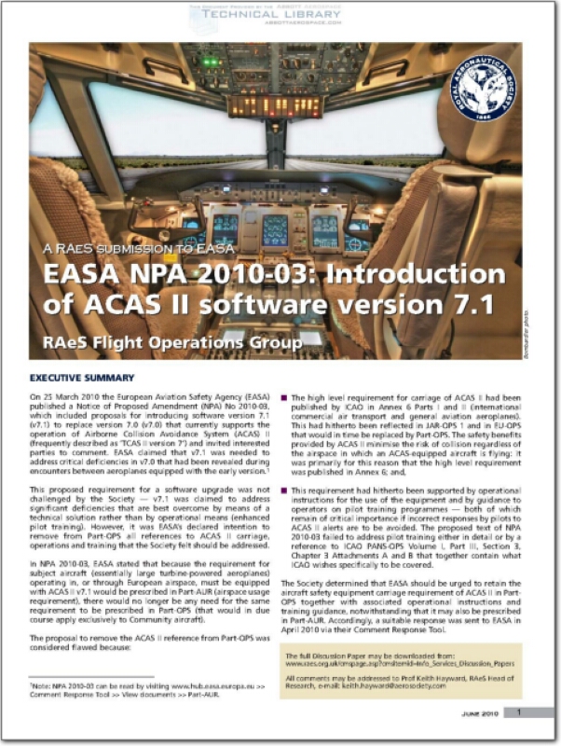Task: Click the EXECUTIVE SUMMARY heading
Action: pyautogui.click(x=81, y=379)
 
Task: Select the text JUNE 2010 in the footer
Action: pyautogui.click(x=478, y=713)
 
